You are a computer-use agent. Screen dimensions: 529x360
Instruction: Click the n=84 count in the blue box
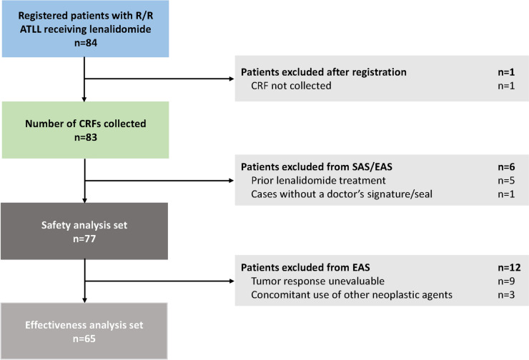86,43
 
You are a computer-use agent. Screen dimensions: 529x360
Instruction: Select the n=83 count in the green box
86,137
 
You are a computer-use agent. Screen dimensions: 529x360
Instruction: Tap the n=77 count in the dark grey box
84,239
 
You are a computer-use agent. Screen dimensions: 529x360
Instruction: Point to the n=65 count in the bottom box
84,339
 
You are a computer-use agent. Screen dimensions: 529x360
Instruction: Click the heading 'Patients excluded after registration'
324,72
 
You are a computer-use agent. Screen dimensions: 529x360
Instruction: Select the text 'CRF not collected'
291,86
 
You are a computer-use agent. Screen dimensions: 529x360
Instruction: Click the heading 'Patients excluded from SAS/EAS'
317,167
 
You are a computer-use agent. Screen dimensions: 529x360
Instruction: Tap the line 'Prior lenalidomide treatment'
319,180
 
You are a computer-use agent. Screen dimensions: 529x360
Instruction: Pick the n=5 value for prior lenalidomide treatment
506,180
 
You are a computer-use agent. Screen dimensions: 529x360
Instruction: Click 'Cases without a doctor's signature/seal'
342,194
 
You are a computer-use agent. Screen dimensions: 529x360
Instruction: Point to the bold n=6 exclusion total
506,167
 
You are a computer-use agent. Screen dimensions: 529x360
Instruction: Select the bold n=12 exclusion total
510,267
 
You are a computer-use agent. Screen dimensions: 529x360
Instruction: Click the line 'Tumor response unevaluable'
318,281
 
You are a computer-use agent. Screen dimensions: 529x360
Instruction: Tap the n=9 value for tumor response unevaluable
506,281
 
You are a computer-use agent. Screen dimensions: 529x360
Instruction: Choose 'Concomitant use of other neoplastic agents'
352,294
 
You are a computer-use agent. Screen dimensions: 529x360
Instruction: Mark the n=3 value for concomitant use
506,294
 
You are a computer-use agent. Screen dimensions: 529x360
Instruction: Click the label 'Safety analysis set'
84,225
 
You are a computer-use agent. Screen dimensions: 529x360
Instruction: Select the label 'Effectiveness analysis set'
84,325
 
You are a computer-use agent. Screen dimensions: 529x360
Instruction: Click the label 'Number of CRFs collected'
86,124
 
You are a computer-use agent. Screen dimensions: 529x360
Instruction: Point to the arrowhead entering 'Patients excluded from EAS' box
232,281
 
